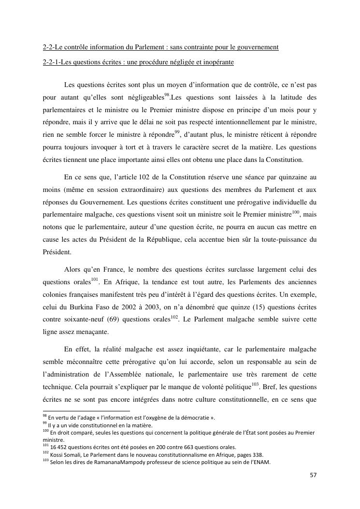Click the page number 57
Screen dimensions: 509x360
point(313,475)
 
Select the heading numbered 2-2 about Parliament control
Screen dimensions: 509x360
point(160,47)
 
